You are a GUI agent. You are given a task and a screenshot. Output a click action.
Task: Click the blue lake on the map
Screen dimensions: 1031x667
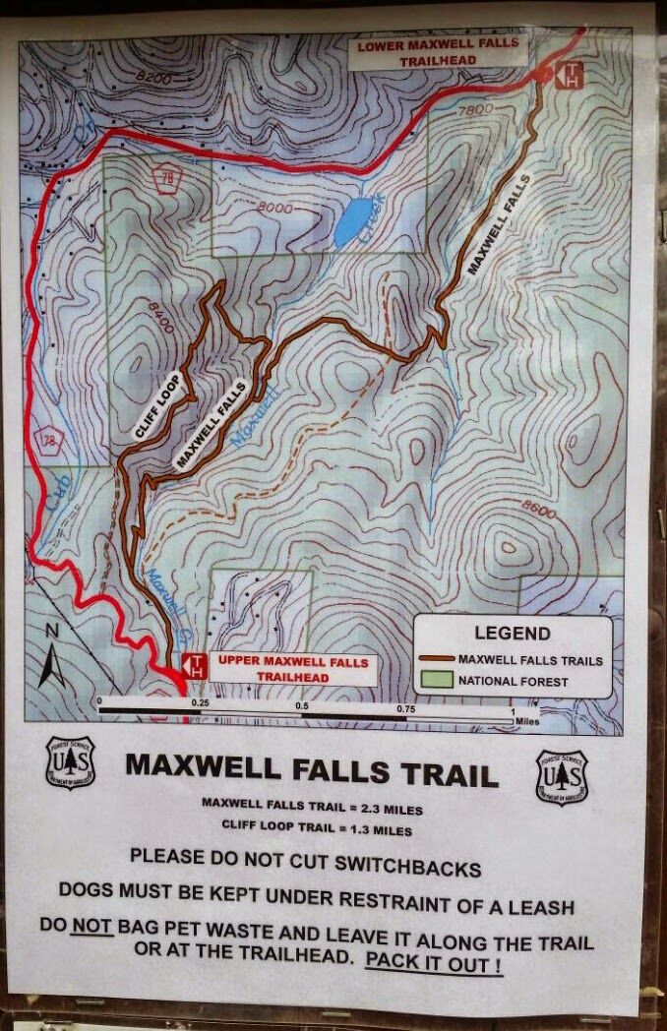coord(355,221)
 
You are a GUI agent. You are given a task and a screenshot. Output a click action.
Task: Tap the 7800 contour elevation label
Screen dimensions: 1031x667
coord(475,110)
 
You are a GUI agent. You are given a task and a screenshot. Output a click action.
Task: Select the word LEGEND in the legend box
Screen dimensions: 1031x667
coord(512,634)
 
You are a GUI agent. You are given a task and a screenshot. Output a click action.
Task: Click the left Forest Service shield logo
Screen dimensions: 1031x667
coord(70,762)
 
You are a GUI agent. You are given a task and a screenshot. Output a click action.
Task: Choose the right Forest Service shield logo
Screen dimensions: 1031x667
coord(562,777)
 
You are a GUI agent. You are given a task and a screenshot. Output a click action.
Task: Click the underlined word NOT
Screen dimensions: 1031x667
coord(92,926)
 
